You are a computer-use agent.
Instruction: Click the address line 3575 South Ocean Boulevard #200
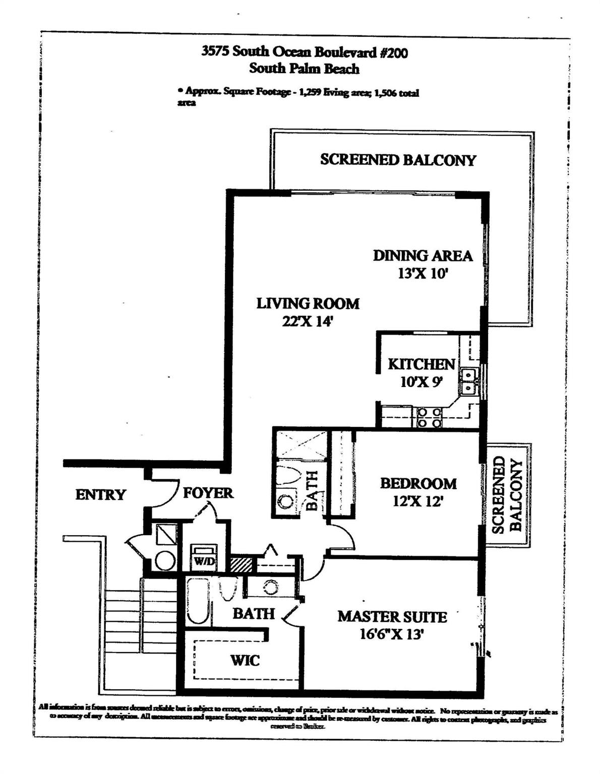(304, 52)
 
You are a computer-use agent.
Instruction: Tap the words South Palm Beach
(304, 69)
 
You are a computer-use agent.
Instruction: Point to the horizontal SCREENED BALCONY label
(398, 160)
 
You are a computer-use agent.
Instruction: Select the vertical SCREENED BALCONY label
(507, 494)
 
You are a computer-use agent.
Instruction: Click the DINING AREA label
(423, 256)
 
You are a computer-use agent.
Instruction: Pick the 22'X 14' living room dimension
(308, 321)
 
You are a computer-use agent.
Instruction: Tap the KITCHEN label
(422, 364)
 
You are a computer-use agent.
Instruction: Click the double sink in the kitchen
(469, 381)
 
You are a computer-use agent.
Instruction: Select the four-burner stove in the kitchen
(429, 418)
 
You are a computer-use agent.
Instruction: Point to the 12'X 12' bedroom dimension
(417, 502)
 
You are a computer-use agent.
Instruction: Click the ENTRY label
(100, 495)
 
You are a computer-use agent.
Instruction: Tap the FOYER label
(208, 493)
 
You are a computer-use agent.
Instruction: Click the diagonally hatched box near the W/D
(241, 564)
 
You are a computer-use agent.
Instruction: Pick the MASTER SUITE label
(392, 617)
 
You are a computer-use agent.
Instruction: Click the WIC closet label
(245, 660)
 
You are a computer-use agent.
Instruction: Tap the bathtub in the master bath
(196, 601)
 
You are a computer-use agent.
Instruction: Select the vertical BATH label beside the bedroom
(312, 490)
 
